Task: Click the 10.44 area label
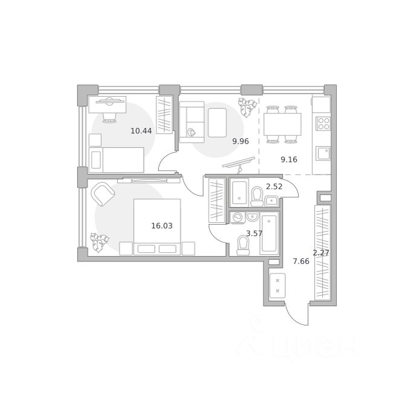click(x=141, y=130)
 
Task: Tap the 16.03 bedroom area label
click(x=162, y=226)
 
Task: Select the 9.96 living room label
click(x=241, y=141)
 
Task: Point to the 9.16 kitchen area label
click(x=289, y=159)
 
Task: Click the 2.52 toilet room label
click(x=274, y=187)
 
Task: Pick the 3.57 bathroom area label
click(x=254, y=233)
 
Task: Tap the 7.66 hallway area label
click(x=301, y=261)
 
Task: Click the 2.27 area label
click(x=321, y=253)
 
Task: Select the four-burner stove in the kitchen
click(x=323, y=124)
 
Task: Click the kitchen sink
click(x=323, y=153)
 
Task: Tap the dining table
click(x=282, y=124)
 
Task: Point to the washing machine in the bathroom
click(x=238, y=217)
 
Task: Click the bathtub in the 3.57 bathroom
click(x=269, y=233)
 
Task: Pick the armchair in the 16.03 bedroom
click(x=103, y=194)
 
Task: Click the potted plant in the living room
click(x=247, y=107)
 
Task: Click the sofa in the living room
click(x=192, y=122)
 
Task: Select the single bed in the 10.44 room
click(x=117, y=160)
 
